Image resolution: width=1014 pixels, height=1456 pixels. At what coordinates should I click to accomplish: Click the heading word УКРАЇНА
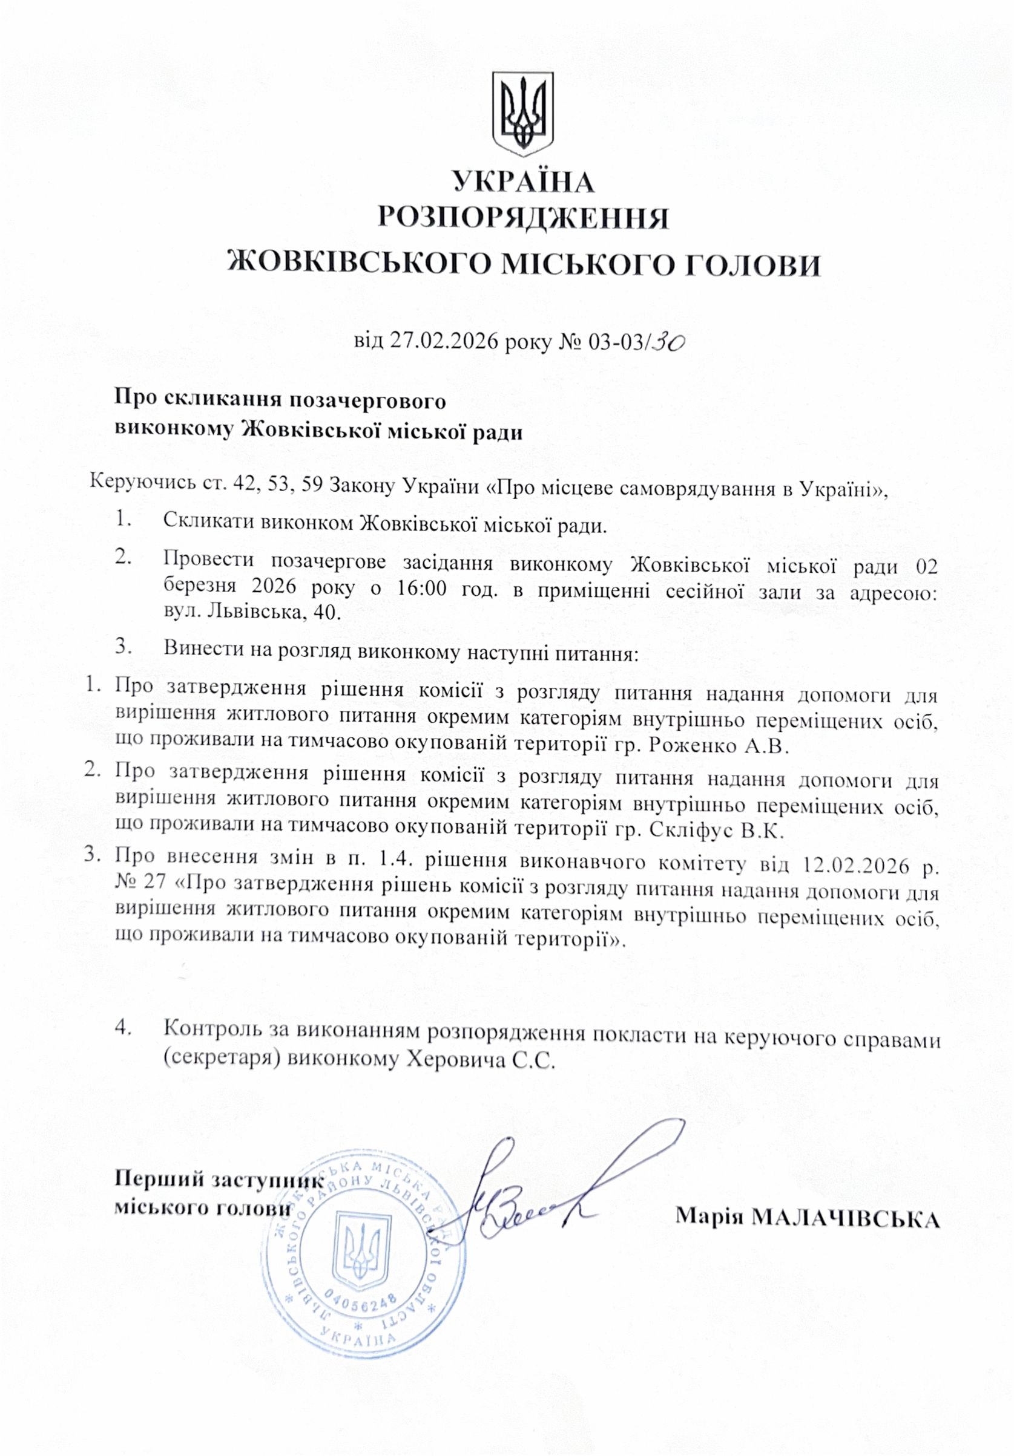[x=524, y=182]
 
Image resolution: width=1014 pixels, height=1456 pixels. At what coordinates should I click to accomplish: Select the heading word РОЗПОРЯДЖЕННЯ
[x=524, y=219]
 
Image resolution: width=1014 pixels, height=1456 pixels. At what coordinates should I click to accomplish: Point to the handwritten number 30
[x=670, y=342]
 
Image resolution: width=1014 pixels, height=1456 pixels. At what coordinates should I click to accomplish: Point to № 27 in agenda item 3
[x=140, y=883]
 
